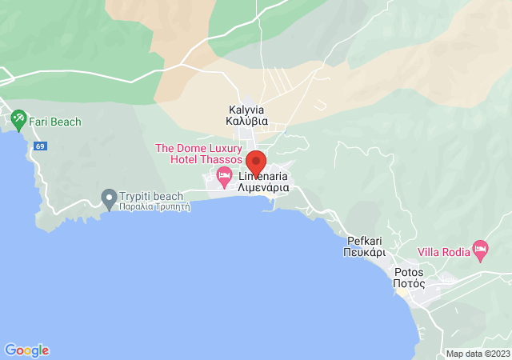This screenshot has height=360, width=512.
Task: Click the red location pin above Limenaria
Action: [255, 162]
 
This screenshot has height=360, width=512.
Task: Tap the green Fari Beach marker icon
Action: [18, 121]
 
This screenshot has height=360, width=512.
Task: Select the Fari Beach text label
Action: [55, 122]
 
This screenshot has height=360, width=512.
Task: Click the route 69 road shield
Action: [40, 146]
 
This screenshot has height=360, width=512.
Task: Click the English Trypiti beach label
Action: [151, 195]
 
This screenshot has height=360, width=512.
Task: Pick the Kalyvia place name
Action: [246, 110]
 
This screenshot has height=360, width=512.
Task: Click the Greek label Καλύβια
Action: [246, 122]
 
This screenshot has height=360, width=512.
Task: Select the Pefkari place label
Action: [366, 240]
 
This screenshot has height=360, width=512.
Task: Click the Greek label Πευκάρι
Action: [366, 251]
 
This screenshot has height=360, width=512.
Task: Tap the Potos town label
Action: [408, 272]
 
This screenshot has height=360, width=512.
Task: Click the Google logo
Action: [26, 350]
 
